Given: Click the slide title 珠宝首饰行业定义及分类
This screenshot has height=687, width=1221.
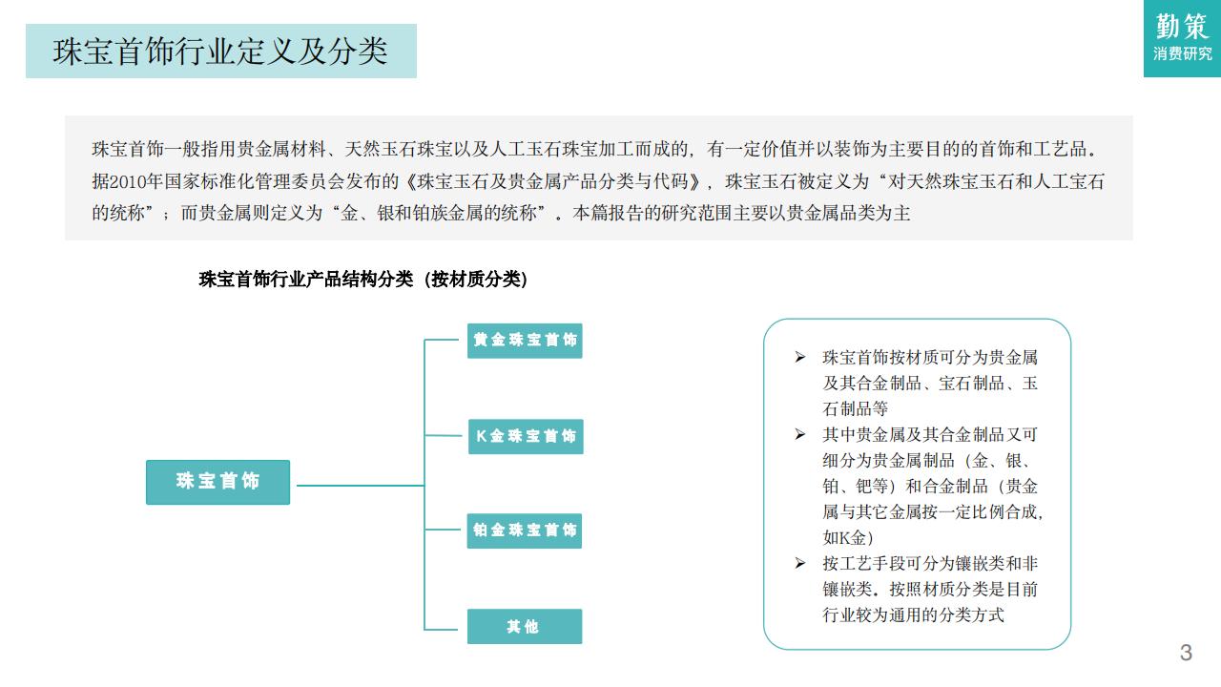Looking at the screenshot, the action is (220, 52).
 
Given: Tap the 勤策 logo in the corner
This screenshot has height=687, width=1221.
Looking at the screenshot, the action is (1182, 27).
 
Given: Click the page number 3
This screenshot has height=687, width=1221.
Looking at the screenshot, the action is (1186, 653).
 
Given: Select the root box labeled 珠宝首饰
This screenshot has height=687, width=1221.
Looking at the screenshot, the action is (217, 482).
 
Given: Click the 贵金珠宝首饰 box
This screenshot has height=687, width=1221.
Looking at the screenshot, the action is (525, 341).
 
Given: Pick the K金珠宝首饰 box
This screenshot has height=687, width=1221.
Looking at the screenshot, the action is (526, 436).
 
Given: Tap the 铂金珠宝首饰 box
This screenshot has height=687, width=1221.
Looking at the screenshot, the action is (525, 531).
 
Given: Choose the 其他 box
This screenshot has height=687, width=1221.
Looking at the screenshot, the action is (524, 627).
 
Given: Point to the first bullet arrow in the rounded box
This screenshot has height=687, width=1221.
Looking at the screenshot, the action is (799, 357).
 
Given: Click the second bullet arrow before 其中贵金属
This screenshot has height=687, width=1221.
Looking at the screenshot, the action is (799, 434).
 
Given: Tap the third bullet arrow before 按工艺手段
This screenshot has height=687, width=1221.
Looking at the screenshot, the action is (799, 563).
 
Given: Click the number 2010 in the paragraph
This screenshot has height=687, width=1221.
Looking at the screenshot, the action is (130, 181).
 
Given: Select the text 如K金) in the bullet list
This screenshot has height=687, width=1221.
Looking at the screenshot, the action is (848, 537).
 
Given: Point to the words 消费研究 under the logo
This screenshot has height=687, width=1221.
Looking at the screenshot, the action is (1182, 55).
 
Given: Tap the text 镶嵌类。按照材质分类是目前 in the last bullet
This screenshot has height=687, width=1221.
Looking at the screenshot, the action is (930, 589).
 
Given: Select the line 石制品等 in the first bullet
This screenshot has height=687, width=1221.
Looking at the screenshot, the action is (856, 408).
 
